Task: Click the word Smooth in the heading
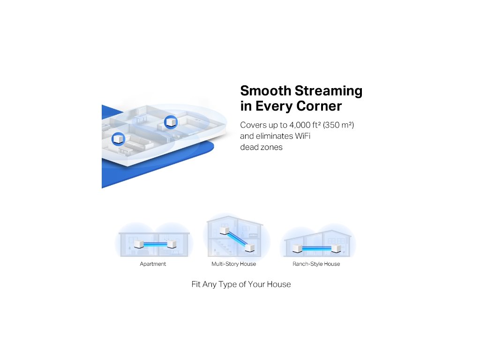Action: click(266, 91)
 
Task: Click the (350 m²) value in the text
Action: click(338, 125)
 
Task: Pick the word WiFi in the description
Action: click(302, 136)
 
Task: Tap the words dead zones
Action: click(261, 147)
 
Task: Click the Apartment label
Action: click(153, 264)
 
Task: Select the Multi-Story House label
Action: click(233, 264)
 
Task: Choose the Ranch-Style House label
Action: click(316, 264)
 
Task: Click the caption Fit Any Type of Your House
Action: click(241, 285)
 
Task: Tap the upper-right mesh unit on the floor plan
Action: click(171, 122)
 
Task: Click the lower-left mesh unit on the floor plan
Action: click(118, 139)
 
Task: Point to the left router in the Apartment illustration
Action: click(139, 244)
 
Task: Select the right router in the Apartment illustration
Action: click(172, 244)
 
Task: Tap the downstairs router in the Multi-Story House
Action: click(250, 247)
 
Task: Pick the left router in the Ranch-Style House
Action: click(297, 248)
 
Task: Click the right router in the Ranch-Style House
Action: click(336, 248)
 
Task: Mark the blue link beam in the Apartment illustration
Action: click(155, 244)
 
